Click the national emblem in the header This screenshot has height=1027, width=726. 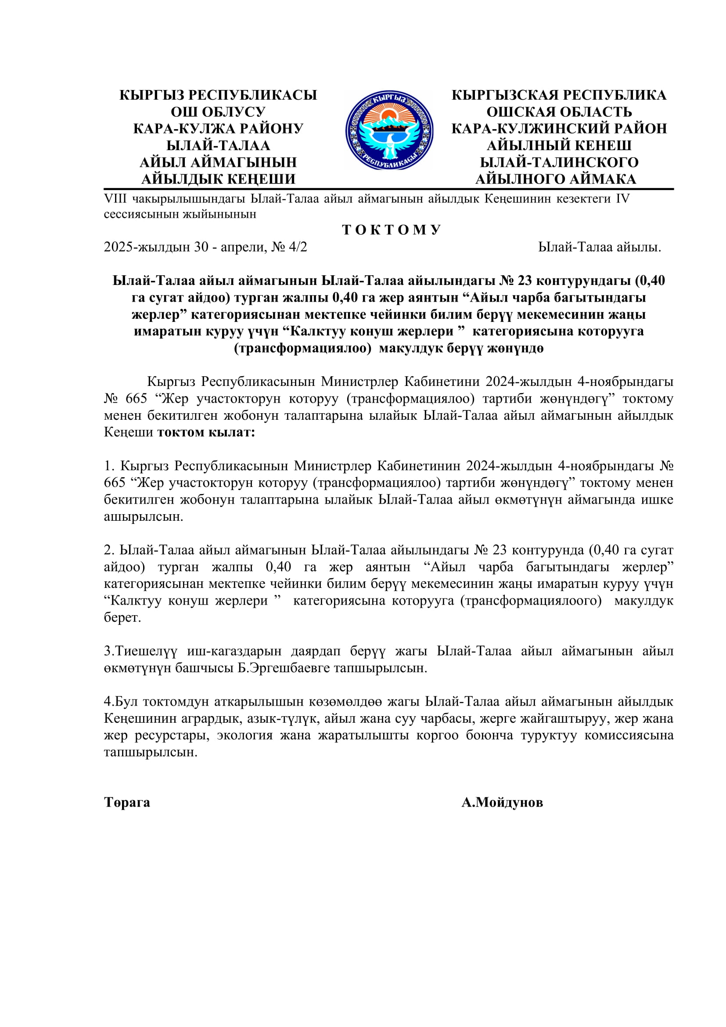[389, 130]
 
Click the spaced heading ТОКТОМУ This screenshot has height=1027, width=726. [392, 230]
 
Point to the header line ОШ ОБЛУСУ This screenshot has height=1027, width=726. [218, 112]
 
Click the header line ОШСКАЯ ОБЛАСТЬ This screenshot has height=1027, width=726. [559, 112]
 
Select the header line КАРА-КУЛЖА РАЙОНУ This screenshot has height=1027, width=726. [218, 129]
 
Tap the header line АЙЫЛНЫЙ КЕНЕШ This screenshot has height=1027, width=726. [559, 145]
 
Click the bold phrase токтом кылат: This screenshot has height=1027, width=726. [206, 432]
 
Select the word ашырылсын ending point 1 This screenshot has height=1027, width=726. [143, 517]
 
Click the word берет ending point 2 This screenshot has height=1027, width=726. [122, 618]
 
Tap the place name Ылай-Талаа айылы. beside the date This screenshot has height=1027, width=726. [600, 247]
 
